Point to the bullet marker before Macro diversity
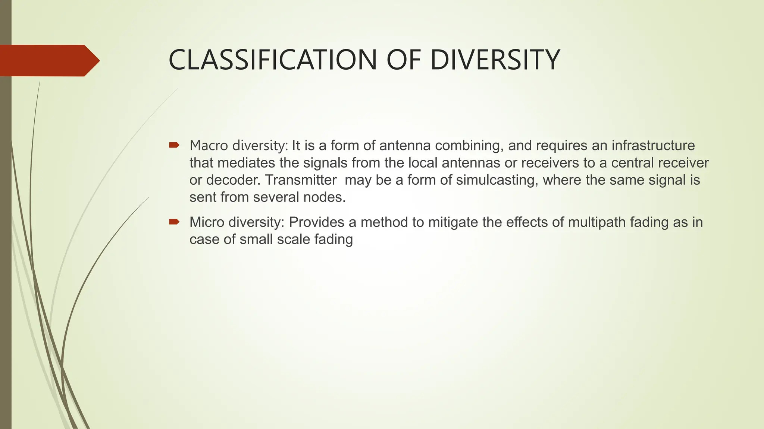pos(174,145)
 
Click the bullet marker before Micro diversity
pos(174,222)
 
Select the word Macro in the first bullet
pos(209,145)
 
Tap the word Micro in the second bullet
pos(207,222)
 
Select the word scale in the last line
pos(294,239)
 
